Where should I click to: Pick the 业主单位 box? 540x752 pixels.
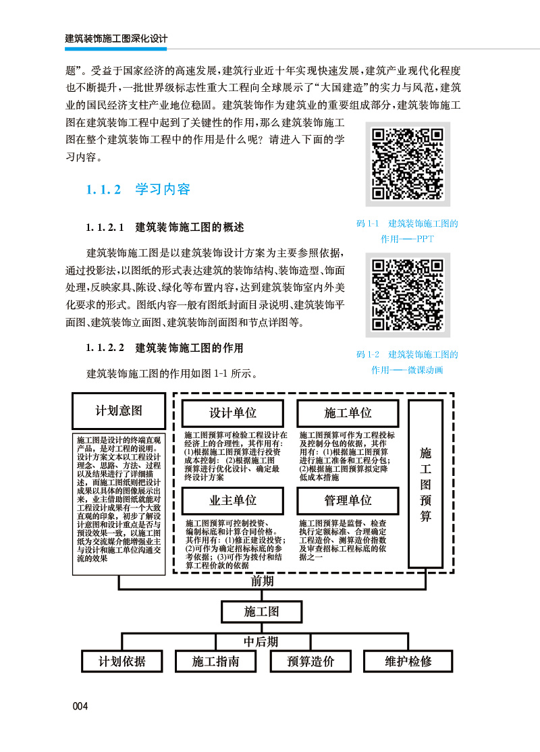(x=233, y=500)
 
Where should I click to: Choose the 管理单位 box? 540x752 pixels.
(x=348, y=500)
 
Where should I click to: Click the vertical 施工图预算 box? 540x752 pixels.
(x=426, y=483)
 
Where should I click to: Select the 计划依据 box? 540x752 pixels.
(x=122, y=661)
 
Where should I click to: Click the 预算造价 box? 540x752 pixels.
(x=310, y=661)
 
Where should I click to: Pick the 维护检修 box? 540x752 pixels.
(x=408, y=661)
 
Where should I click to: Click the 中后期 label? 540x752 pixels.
(x=261, y=641)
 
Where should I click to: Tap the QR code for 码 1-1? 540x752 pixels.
(x=408, y=164)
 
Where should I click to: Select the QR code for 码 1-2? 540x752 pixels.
(x=408, y=295)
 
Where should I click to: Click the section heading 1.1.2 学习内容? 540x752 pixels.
(x=138, y=190)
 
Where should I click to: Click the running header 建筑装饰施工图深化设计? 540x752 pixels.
(x=115, y=38)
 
